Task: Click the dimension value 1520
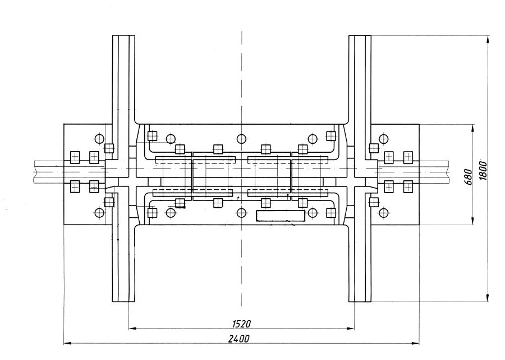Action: (x=241, y=323)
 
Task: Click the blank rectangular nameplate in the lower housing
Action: (x=281, y=216)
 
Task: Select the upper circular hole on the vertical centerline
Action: (x=241, y=139)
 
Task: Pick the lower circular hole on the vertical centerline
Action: (x=241, y=213)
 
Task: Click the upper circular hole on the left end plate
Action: (x=99, y=139)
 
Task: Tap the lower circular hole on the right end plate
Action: (x=384, y=213)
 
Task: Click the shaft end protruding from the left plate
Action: (x=48, y=171)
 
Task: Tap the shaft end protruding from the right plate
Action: (x=435, y=171)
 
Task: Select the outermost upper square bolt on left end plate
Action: (x=75, y=157)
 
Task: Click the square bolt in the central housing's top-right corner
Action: (x=331, y=136)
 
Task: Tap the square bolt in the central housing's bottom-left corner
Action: (x=151, y=212)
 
